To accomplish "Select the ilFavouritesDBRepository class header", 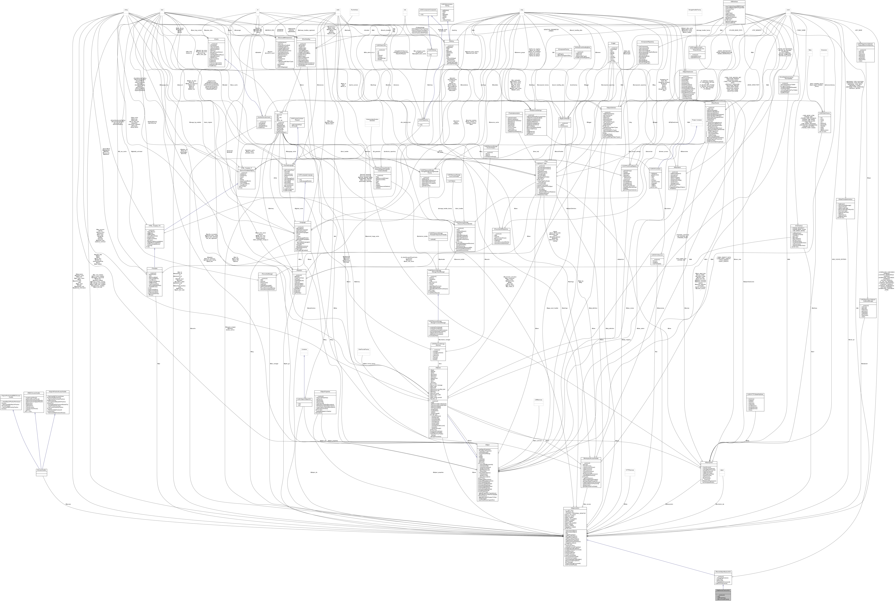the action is (x=502, y=229).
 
